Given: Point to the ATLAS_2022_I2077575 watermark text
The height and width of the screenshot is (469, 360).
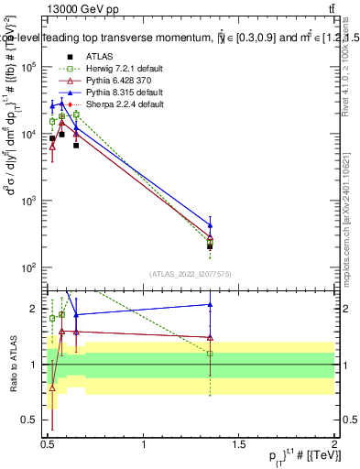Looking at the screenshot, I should (x=190, y=274).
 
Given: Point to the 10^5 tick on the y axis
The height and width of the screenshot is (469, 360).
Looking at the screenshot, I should (x=35, y=67).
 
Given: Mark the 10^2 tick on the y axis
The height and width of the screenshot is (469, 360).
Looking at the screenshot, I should (x=35, y=267).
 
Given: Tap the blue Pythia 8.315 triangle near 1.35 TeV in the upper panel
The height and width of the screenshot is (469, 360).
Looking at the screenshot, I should (x=211, y=225).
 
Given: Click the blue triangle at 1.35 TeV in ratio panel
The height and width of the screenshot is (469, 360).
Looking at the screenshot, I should (x=211, y=305).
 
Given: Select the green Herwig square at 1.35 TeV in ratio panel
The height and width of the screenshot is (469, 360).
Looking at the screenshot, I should (x=211, y=353).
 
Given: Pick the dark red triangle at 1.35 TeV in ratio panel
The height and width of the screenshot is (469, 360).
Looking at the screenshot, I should (x=211, y=337).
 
